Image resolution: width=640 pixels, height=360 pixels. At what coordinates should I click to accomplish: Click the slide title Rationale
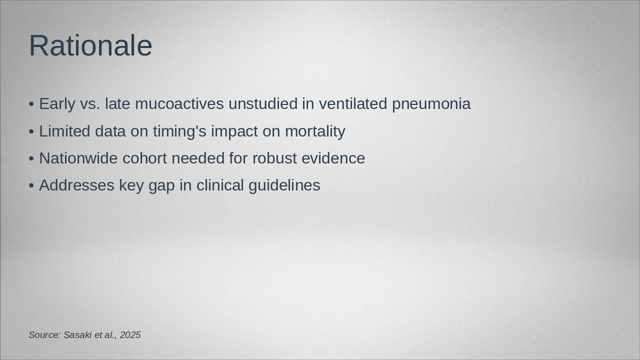click(x=90, y=45)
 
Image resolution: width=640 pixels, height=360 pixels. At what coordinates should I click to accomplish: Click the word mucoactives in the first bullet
click(x=179, y=103)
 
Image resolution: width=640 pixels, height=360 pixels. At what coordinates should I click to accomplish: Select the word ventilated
click(x=353, y=103)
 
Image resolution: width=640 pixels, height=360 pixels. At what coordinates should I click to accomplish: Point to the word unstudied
click(x=263, y=103)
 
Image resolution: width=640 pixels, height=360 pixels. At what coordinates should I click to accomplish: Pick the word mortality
click(x=315, y=131)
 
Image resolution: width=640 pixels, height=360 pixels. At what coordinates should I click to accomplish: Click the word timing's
click(x=179, y=131)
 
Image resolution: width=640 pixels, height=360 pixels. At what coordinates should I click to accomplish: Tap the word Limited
click(x=64, y=131)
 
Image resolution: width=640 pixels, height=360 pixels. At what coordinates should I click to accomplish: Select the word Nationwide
click(x=78, y=158)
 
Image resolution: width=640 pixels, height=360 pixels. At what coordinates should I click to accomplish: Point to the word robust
click(x=274, y=158)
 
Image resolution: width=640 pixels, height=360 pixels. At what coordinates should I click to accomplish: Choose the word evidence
click(x=333, y=158)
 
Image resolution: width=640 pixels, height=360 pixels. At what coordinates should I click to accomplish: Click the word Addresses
click(x=76, y=185)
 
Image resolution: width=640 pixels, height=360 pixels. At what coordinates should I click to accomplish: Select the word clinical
click(x=220, y=185)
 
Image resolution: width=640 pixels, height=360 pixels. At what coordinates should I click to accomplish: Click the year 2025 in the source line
click(x=130, y=335)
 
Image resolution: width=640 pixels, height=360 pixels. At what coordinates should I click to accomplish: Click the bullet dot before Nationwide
click(x=31, y=159)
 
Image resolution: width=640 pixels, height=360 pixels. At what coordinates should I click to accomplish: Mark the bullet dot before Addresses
click(x=31, y=185)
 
